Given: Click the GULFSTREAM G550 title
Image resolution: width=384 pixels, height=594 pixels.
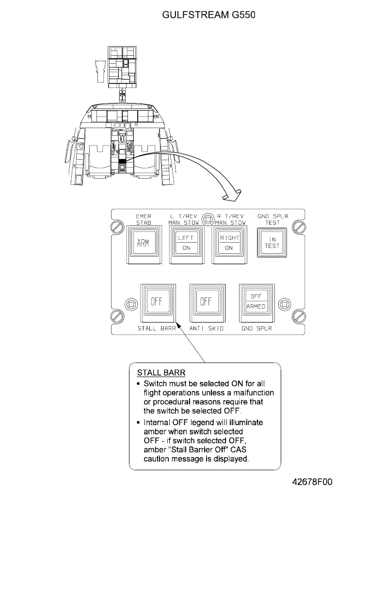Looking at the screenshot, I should [208, 15].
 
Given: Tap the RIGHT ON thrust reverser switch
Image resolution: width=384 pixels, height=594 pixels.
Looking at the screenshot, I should [229, 243].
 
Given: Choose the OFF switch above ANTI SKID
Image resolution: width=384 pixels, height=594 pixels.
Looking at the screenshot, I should [206, 301].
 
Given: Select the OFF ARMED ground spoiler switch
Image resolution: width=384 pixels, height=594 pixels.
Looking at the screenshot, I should [256, 301].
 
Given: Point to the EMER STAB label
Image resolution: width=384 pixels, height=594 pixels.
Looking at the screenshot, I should [143, 219].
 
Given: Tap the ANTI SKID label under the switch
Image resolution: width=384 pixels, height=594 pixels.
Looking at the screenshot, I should [207, 329].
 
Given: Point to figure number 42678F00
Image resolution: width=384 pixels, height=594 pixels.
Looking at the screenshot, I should [312, 482].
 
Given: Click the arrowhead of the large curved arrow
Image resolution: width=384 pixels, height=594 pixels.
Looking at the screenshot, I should [232, 197].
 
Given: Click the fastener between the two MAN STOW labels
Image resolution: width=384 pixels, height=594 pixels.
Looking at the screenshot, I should [208, 219].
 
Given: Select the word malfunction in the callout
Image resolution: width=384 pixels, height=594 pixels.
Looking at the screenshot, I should [251, 393].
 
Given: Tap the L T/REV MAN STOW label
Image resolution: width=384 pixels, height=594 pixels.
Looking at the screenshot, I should [183, 219].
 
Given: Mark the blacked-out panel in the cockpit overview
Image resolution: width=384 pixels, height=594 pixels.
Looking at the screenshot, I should [122, 161].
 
